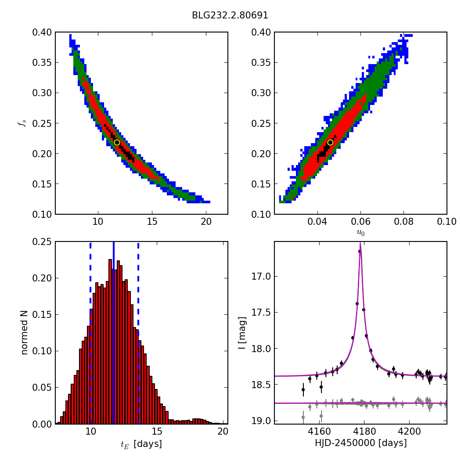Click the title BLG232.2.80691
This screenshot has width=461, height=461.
click(x=230, y=15)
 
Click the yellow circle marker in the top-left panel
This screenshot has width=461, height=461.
click(x=117, y=142)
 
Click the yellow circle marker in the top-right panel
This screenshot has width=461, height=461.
click(x=330, y=142)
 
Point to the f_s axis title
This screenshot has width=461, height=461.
click(x=22, y=123)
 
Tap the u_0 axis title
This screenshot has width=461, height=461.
click(x=360, y=233)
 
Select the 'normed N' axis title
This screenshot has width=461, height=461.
click(x=25, y=333)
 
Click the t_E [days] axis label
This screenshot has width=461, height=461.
click(x=141, y=444)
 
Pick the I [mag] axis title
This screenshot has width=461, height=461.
click(x=242, y=333)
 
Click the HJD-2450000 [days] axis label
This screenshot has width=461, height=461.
click(x=360, y=443)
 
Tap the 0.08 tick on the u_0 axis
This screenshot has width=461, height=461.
click(x=403, y=222)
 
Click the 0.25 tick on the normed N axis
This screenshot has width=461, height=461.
click(x=42, y=242)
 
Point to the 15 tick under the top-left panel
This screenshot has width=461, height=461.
click(x=152, y=222)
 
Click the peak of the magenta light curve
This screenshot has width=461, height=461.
click(x=360, y=244)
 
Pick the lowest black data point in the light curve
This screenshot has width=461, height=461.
click(x=303, y=389)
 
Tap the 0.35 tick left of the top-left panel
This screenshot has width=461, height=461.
click(x=42, y=63)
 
